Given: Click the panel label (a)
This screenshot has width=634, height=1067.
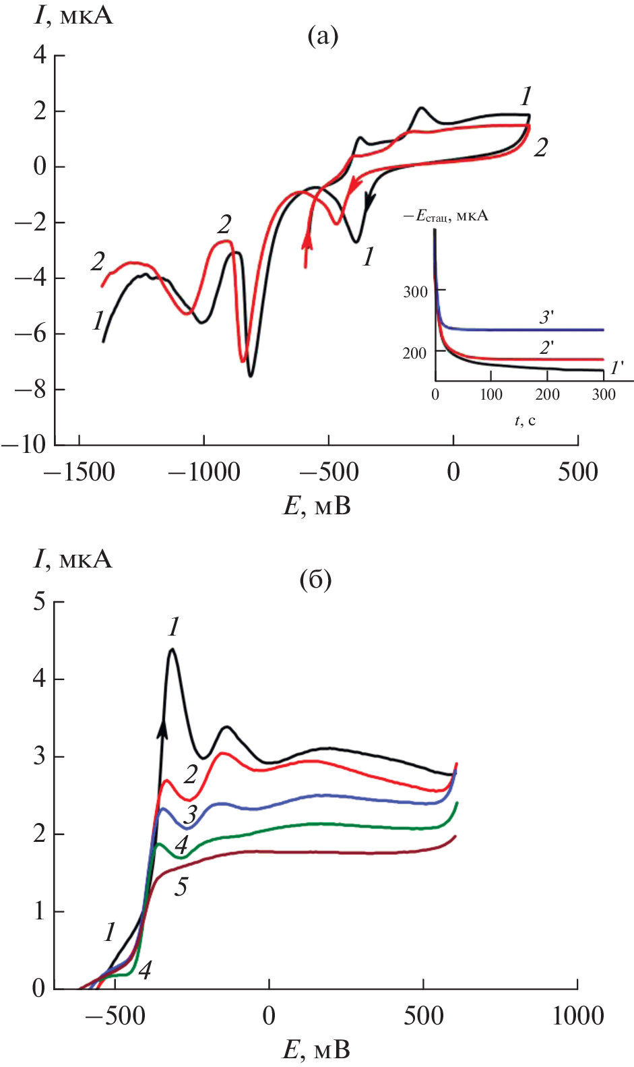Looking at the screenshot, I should (x=323, y=35).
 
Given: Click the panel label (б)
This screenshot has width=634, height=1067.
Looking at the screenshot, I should (x=315, y=579).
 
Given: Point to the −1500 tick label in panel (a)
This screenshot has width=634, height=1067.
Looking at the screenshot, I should (x=79, y=472).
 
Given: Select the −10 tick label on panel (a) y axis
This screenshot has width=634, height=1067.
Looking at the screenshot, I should (x=24, y=444).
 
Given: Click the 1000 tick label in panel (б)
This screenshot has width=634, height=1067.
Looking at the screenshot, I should (x=577, y=1015).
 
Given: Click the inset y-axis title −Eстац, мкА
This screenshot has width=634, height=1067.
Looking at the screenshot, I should (x=445, y=216).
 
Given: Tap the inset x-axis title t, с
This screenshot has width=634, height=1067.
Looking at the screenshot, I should (x=525, y=421).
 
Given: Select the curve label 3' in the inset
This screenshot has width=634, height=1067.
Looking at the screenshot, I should (x=546, y=317).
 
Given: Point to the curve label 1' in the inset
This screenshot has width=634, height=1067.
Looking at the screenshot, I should (x=616, y=368).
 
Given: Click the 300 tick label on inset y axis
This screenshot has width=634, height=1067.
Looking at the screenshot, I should (x=415, y=292).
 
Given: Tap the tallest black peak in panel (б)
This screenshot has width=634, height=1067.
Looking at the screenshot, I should (x=172, y=650).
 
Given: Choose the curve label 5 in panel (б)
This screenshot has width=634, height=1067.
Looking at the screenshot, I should (x=181, y=887).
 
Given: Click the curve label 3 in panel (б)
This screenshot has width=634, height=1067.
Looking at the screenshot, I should (x=191, y=814).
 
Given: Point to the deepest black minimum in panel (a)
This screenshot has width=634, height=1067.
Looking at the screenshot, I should (x=251, y=375).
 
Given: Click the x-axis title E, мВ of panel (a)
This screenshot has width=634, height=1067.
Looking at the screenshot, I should (x=317, y=506).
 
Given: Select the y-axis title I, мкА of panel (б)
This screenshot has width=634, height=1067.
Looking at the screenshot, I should (x=73, y=559).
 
